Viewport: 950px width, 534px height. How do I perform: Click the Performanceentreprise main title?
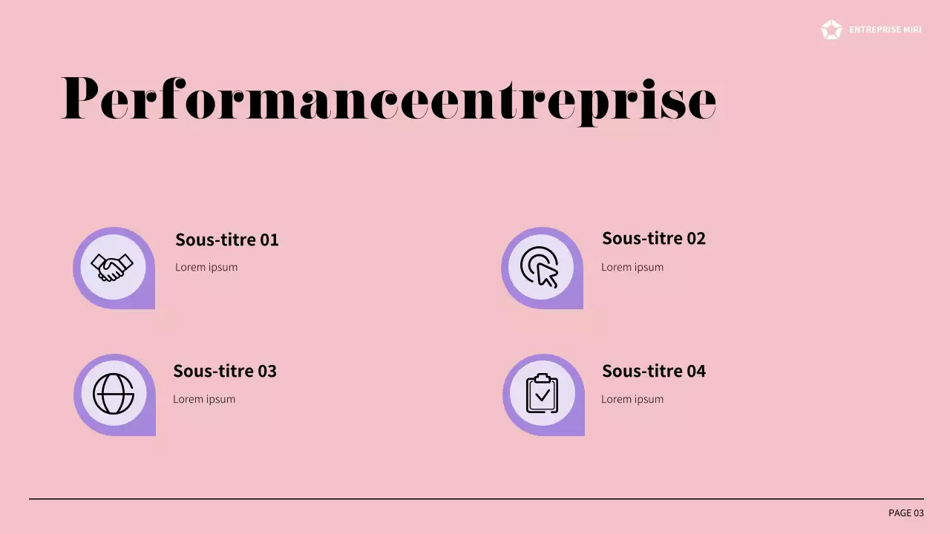click(x=388, y=99)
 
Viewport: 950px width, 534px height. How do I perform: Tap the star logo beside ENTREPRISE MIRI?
click(x=831, y=30)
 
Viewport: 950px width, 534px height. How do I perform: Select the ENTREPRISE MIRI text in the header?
click(x=885, y=30)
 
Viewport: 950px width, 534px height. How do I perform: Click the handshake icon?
click(x=112, y=267)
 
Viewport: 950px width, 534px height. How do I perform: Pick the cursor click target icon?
click(x=540, y=267)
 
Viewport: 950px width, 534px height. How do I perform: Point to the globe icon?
click(x=113, y=394)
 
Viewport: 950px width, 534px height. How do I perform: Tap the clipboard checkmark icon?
click(x=542, y=394)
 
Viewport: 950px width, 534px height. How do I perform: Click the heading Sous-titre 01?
click(x=226, y=240)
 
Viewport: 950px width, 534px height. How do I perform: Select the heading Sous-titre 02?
click(x=653, y=238)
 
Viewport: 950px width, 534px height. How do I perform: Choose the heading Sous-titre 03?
click(x=224, y=371)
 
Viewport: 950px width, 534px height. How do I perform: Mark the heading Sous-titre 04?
click(x=653, y=371)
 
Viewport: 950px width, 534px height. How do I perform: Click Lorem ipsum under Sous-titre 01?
click(x=206, y=267)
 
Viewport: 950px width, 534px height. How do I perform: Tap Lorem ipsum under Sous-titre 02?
click(x=632, y=267)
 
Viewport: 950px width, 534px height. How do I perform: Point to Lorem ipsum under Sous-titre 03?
click(x=204, y=399)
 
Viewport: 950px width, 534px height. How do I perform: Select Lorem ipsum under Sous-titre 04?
click(x=632, y=399)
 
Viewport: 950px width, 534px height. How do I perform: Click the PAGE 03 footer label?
click(x=905, y=513)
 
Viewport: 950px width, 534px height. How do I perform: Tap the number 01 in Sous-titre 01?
click(x=269, y=240)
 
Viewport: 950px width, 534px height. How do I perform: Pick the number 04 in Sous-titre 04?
click(x=695, y=371)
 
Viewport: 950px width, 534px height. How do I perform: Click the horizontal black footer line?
click(x=475, y=499)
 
